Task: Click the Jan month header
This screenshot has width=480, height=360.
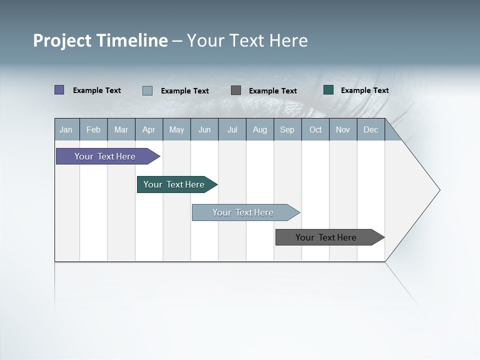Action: click(66, 129)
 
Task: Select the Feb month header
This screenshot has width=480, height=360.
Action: click(93, 129)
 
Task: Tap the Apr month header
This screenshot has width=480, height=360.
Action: click(149, 129)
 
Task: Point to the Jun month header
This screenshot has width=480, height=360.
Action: click(204, 129)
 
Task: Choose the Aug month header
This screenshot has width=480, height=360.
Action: click(260, 129)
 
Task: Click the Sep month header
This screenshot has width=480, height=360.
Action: click(287, 129)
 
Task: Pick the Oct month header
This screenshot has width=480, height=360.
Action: click(315, 129)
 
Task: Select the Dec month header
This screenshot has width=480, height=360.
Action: click(371, 129)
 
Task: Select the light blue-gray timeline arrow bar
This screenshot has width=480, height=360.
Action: click(243, 212)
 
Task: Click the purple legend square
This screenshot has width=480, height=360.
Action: click(59, 90)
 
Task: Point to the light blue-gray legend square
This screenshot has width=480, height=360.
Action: click(147, 90)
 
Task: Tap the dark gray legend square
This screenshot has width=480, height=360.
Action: click(236, 90)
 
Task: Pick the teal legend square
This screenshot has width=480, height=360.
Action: click(328, 90)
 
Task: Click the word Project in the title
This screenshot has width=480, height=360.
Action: click(62, 41)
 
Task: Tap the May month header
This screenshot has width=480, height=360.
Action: click(176, 129)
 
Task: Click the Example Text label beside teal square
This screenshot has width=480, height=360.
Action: click(365, 90)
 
